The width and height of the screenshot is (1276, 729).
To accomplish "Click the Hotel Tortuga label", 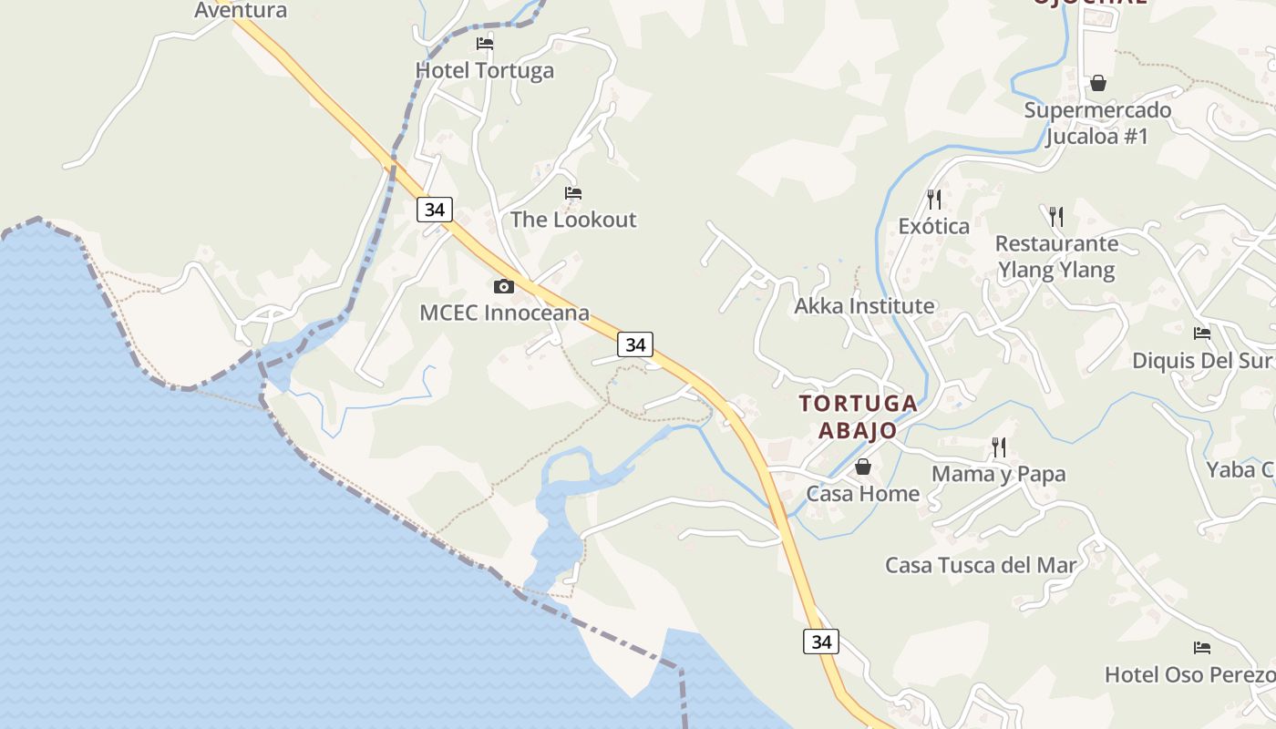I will (484, 70).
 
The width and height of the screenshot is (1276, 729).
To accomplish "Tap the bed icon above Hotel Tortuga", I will (485, 43).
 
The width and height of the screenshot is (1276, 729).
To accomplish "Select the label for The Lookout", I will (573, 220).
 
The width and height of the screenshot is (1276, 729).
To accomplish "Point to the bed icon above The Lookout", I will (573, 193).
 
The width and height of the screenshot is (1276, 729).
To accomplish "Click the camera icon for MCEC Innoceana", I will (503, 287).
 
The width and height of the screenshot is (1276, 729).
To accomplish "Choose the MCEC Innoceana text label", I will (504, 313).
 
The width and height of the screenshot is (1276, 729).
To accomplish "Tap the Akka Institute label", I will (864, 306).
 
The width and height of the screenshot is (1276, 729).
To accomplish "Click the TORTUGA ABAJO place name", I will (857, 416).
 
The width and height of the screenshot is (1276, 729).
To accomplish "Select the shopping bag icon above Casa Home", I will (862, 467).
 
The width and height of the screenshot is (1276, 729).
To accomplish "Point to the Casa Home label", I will (862, 494).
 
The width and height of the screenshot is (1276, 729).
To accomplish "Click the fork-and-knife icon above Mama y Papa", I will (999, 447).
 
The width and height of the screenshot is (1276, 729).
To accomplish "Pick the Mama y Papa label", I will (998, 474).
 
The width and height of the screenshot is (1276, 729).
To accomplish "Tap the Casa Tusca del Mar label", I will (981, 565).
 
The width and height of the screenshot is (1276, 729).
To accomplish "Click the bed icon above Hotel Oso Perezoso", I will (1202, 648).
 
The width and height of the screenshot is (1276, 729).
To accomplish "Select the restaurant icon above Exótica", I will (933, 199).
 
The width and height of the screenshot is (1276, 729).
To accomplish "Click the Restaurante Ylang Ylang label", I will (1056, 256).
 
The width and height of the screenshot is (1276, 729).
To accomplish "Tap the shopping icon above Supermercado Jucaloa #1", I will (1098, 83).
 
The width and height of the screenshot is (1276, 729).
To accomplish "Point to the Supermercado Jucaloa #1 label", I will (1097, 123).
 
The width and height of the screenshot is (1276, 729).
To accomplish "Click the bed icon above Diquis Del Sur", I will (1202, 334).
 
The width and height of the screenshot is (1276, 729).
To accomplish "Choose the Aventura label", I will (241, 10).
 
